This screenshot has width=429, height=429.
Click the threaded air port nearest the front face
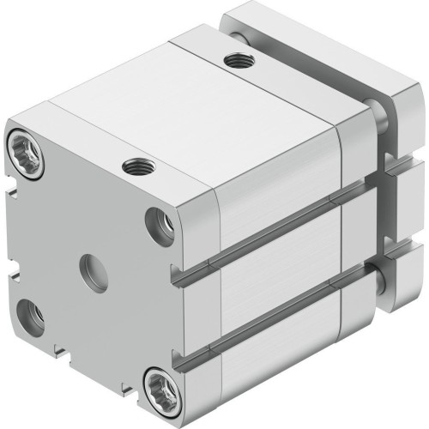click(135, 166)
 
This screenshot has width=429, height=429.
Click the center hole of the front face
click(94, 273)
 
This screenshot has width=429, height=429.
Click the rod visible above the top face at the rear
click(236, 34)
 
